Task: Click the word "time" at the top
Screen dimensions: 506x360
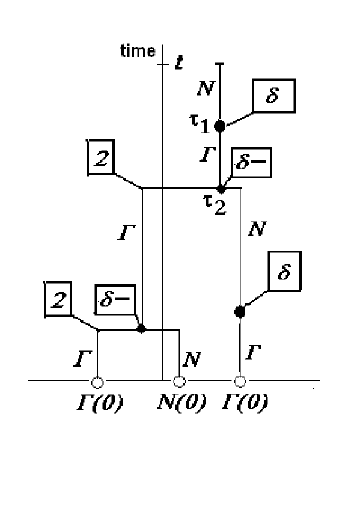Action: [x=138, y=52]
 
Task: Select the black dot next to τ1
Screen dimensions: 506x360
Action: [x=220, y=126]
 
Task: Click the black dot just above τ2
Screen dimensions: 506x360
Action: [x=221, y=188]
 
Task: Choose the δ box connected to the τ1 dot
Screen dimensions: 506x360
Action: [x=274, y=96]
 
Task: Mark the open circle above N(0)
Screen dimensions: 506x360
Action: [x=178, y=381]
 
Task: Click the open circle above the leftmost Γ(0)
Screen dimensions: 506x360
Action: [x=97, y=381]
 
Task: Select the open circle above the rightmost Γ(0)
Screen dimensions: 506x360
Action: [x=240, y=381]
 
